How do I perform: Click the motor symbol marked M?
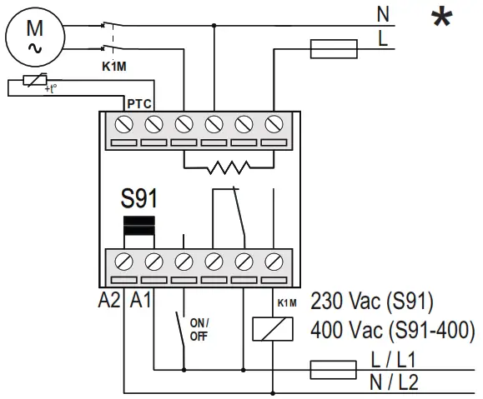coord(35,37)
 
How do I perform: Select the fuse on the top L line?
coord(334,50)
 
